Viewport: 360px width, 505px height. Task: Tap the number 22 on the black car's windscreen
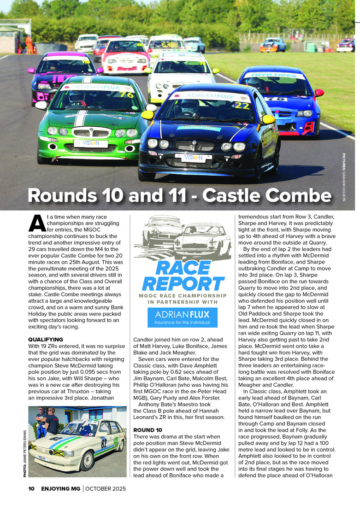point(244,106)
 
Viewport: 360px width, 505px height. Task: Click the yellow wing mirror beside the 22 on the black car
point(267,120)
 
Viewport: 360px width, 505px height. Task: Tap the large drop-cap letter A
point(36,223)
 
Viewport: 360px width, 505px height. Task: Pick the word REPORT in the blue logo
point(183,283)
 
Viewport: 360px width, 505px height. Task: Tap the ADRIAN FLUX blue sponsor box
point(183,317)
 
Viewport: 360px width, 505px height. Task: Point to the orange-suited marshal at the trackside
point(30,44)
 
